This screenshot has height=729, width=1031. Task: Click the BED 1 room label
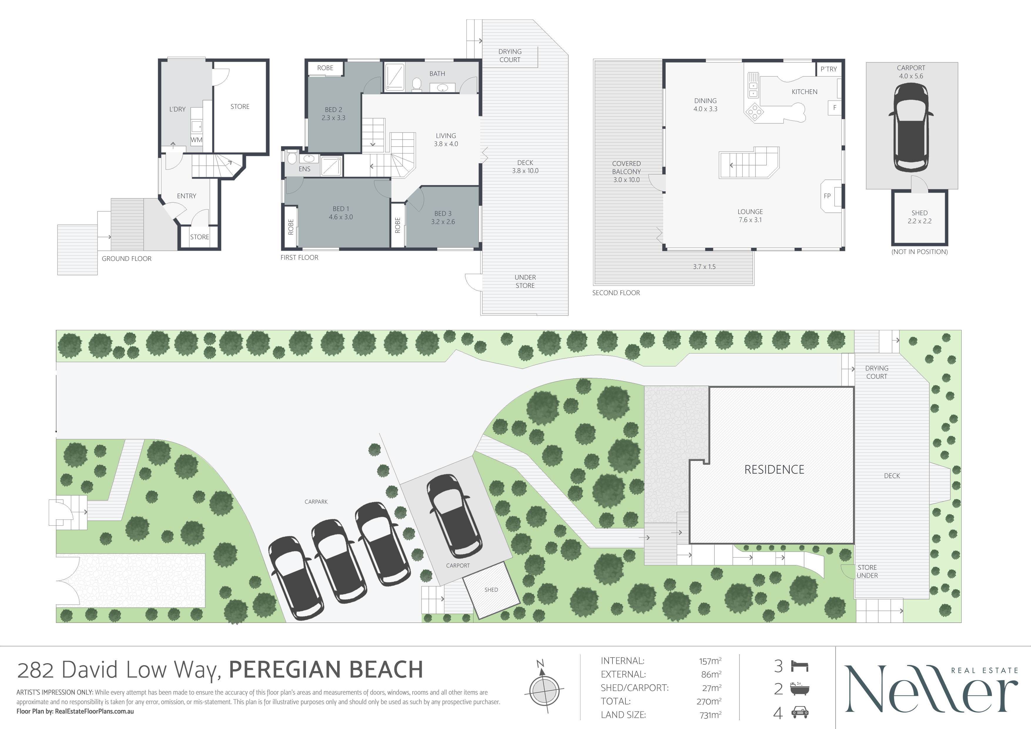tap(341, 213)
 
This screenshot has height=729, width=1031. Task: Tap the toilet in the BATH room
tap(417, 84)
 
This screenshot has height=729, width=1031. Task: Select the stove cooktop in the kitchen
tap(754, 111)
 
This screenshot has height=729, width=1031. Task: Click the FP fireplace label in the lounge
tap(827, 196)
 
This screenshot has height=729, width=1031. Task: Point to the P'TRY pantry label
tap(829, 69)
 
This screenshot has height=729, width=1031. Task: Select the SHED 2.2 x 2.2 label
tap(920, 217)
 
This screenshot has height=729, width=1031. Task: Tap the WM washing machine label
tap(196, 140)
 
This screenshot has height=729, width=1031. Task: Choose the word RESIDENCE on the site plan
tap(774, 470)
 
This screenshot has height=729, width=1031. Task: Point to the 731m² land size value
tap(710, 715)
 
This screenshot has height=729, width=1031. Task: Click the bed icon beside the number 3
tap(799, 666)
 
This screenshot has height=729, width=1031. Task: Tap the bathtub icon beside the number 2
tap(799, 689)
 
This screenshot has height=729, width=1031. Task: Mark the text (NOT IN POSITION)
tap(920, 252)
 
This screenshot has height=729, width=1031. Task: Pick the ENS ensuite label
tap(304, 169)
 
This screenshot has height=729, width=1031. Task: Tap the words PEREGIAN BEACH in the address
tap(326, 670)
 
